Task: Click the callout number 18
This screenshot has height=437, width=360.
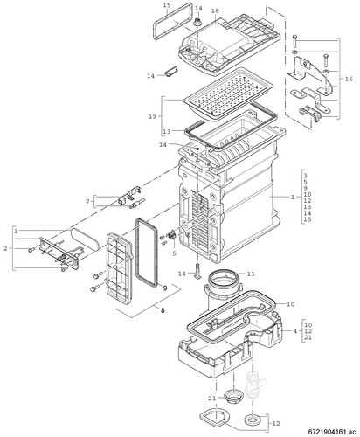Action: [x=215, y=10]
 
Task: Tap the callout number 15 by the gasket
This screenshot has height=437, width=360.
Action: [x=167, y=5]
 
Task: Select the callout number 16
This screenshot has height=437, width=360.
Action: [x=349, y=79]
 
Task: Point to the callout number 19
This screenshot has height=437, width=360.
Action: [x=153, y=116]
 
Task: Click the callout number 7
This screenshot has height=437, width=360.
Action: [x=87, y=201]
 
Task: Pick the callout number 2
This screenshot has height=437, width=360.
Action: [x=5, y=248]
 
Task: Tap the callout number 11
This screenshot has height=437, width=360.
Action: [x=251, y=274]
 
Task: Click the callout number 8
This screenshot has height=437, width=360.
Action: [x=163, y=310]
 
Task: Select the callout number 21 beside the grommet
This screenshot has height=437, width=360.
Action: [x=212, y=399]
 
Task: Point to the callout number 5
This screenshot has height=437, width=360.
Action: [x=174, y=253]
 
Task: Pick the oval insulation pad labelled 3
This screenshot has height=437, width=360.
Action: [x=85, y=237]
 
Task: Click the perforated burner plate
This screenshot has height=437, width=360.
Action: [x=229, y=94]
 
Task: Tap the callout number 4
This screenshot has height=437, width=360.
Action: [x=295, y=331]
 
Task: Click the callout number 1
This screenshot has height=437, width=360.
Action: [x=293, y=198]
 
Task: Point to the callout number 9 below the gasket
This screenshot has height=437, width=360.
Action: [x=165, y=288]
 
